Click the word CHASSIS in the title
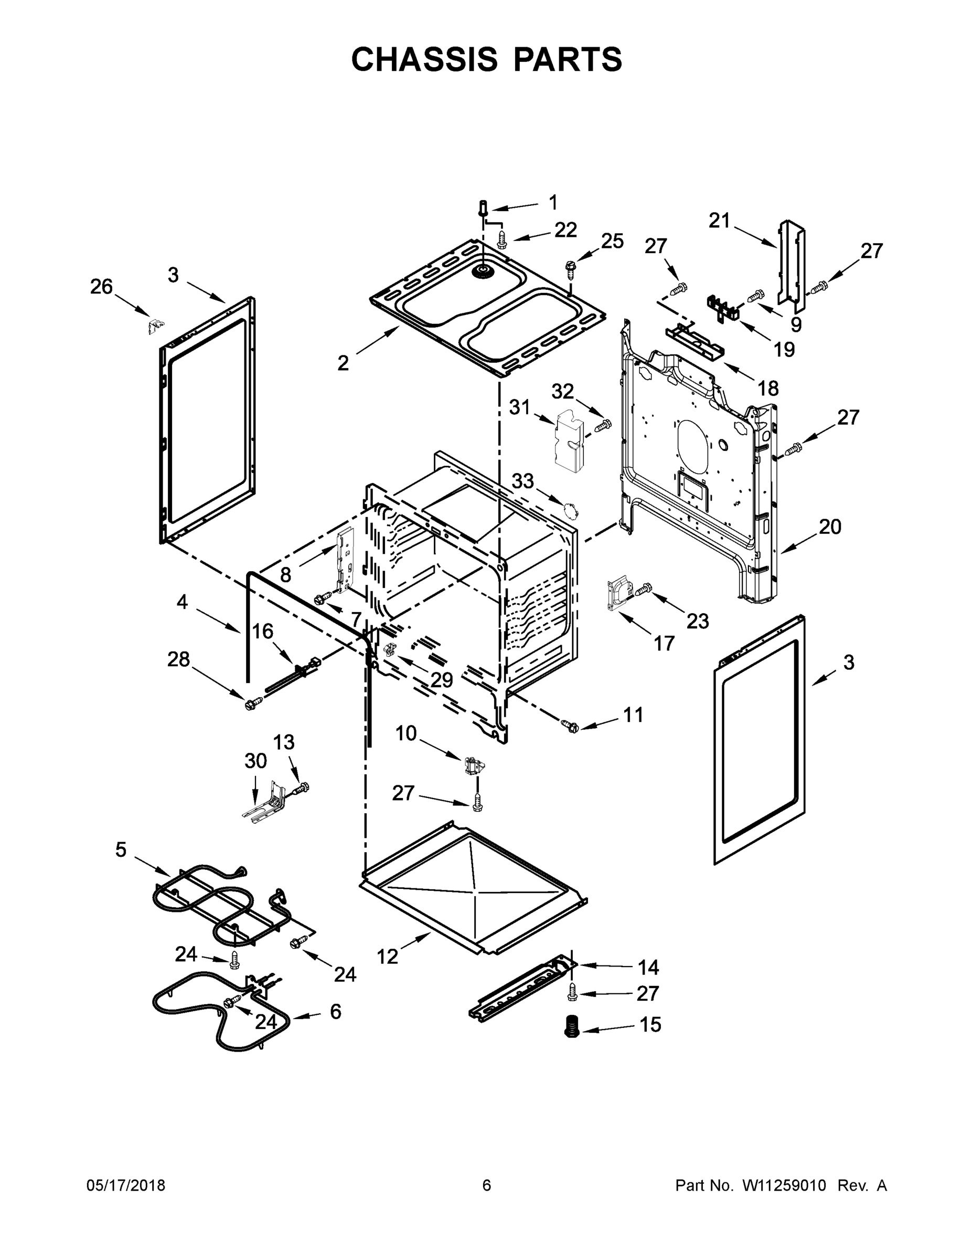424,59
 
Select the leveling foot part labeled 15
572,1027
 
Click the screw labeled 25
571,267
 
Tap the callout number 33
523,480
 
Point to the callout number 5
121,849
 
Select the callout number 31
519,407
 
